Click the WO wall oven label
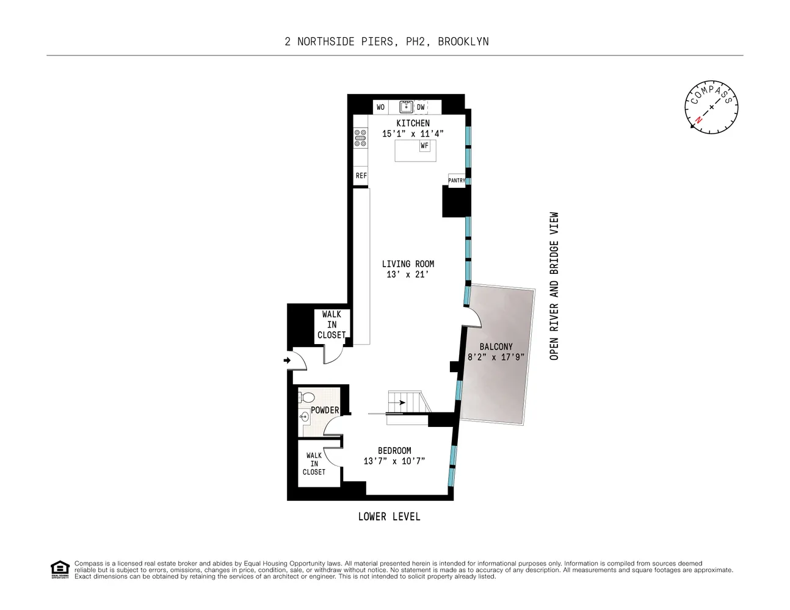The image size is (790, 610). click(380, 107)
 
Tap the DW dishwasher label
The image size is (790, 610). click(421, 107)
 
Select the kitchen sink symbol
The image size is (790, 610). click(407, 107)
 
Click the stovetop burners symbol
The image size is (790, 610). click(361, 138)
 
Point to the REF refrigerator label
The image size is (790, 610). click(361, 176)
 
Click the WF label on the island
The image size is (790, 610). click(424, 146)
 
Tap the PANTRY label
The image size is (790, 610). click(457, 181)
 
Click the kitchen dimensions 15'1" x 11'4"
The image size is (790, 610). click(413, 134)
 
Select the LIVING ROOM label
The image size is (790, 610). click(408, 264)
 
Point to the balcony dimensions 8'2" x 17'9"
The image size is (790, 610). click(496, 357)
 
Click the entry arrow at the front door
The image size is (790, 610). click(288, 361)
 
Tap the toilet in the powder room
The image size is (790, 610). click(306, 398)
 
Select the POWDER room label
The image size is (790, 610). click(325, 410)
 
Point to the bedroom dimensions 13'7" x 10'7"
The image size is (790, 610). click(394, 461)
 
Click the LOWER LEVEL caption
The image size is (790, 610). click(389, 517)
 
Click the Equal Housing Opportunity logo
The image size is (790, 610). click(60, 570)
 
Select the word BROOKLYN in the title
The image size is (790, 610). click(463, 41)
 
